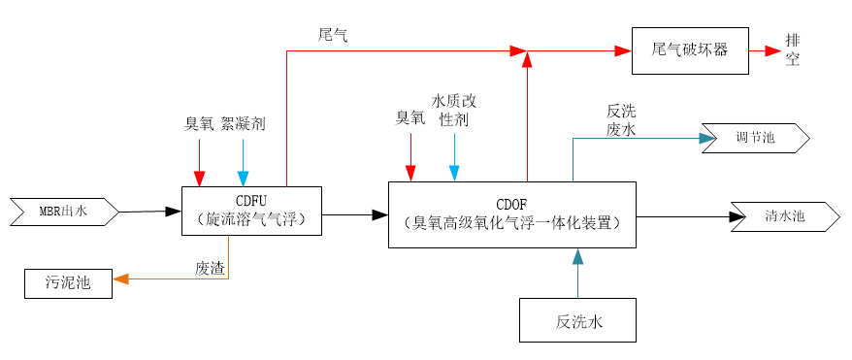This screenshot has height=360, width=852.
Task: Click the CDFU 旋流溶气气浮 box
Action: click(x=250, y=211)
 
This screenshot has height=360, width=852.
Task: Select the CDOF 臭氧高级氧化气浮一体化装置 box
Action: click(x=511, y=214)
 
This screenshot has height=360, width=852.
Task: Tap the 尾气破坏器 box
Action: click(x=690, y=49)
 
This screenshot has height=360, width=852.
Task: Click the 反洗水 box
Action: click(x=577, y=320)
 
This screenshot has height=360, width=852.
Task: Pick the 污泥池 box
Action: click(x=67, y=283)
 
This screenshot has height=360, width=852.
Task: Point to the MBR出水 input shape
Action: click(x=63, y=211)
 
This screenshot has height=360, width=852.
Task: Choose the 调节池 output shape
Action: click(x=755, y=138)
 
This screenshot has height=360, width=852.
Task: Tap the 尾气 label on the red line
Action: click(x=333, y=35)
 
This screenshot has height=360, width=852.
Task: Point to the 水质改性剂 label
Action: click(x=454, y=110)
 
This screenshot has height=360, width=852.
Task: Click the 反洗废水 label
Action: click(x=621, y=120)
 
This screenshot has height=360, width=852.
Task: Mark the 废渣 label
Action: click(x=210, y=269)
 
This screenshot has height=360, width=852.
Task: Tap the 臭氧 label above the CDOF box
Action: click(x=410, y=117)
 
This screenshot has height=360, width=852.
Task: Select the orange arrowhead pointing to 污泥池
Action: click(x=120, y=279)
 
